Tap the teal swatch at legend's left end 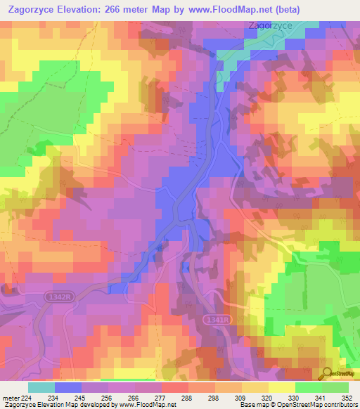[41, 387]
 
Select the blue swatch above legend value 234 [68, 387]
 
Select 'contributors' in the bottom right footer [337, 404]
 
